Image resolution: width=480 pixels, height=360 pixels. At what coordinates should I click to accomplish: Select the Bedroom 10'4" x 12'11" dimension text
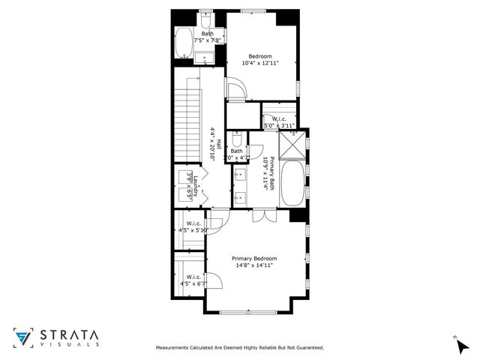[259, 63]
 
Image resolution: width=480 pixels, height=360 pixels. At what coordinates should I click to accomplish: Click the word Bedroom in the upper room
[259, 55]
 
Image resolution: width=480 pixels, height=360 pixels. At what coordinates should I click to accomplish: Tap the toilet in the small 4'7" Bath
[236, 140]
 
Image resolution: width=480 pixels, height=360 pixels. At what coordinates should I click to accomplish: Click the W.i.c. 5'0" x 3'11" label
[279, 121]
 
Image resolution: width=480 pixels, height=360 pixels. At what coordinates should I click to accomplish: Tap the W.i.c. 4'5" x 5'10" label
[193, 226]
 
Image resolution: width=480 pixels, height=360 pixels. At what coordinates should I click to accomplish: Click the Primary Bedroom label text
[253, 259]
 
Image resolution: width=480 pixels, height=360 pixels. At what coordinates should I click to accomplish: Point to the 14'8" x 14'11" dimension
[253, 265]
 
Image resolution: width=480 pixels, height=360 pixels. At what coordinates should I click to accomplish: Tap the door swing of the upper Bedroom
[235, 90]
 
